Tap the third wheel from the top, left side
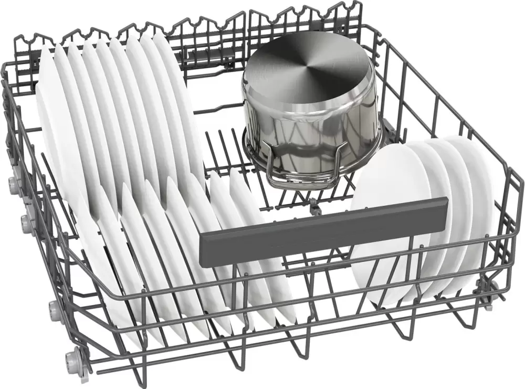tap(54, 307)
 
